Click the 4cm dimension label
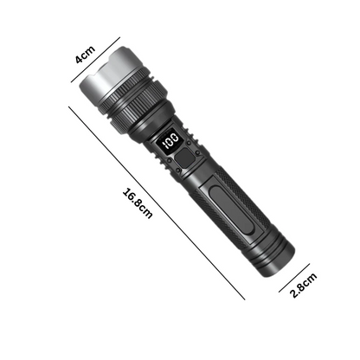(x=85, y=55)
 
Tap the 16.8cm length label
(x=138, y=203)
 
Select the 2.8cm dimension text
(x=303, y=285)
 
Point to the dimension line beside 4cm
(x=95, y=60)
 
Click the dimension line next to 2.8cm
(x=294, y=278)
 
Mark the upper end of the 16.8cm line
(x=68, y=106)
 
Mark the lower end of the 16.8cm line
(x=245, y=299)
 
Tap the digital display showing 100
(x=170, y=140)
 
